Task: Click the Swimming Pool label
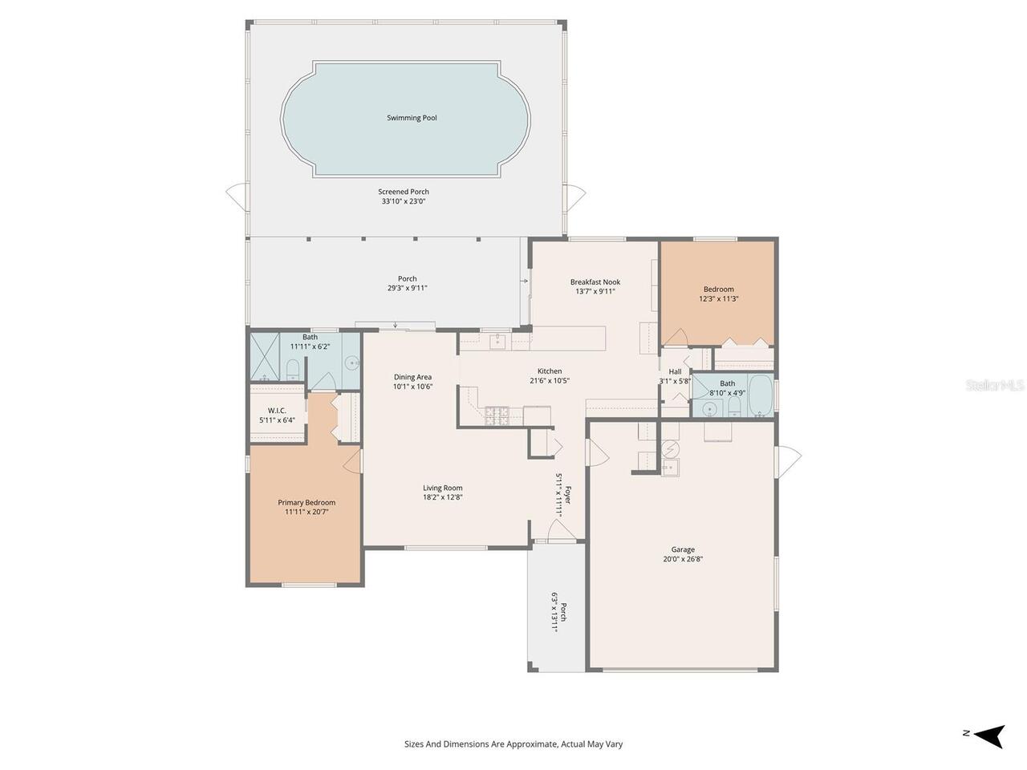coord(412,118)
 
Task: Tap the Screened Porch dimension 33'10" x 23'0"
coord(404,201)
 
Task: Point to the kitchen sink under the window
coord(497,342)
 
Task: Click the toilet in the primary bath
coord(293,370)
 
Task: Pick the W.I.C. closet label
coord(277,410)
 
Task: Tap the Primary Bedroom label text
coord(306,502)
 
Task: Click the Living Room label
coord(443,488)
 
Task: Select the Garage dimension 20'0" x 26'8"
coord(683,559)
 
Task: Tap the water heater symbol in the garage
coord(670,448)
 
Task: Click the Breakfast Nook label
coord(595,282)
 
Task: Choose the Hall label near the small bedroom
coord(675,371)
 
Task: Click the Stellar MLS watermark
coord(995,385)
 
